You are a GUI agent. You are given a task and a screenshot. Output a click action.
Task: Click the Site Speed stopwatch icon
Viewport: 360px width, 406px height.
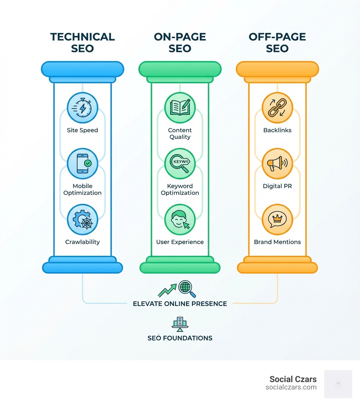[x=82, y=108]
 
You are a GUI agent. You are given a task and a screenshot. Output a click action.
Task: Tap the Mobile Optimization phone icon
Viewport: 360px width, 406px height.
[x=82, y=164]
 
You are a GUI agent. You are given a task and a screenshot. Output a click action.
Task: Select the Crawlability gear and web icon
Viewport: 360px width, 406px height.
[x=82, y=220]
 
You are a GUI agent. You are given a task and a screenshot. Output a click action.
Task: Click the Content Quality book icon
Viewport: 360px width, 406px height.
[x=180, y=108]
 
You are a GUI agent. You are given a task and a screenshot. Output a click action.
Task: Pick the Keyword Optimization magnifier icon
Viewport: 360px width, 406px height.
[x=180, y=164]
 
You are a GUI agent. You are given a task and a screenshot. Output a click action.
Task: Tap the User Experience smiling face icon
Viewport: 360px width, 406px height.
[x=180, y=220]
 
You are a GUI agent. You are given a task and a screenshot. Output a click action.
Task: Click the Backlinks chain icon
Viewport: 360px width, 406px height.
[x=277, y=108]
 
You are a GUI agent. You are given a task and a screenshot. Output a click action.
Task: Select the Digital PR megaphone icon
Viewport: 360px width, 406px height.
[x=277, y=164]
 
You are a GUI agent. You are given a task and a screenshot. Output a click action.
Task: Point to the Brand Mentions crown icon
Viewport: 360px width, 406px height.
[x=277, y=220]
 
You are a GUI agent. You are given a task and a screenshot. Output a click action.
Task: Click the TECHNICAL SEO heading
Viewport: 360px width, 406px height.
[x=82, y=42]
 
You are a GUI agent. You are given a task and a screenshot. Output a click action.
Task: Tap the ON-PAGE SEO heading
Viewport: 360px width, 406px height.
[x=180, y=42]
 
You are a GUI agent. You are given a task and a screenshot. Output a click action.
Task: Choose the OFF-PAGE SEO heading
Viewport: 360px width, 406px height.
[x=277, y=42]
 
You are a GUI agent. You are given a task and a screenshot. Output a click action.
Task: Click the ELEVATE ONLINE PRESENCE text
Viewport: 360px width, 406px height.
[x=180, y=304]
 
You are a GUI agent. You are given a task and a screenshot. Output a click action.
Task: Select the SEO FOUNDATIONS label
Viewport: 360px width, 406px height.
[x=180, y=338]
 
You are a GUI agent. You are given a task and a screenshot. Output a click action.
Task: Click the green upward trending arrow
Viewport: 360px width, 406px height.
[x=167, y=290]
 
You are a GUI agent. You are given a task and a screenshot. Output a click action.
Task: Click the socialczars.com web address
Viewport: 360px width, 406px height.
[x=291, y=387]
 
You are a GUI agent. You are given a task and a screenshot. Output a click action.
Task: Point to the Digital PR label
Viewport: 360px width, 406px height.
[x=277, y=186]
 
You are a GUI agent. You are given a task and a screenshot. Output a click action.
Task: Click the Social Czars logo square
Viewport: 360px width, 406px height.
[x=338, y=384]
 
